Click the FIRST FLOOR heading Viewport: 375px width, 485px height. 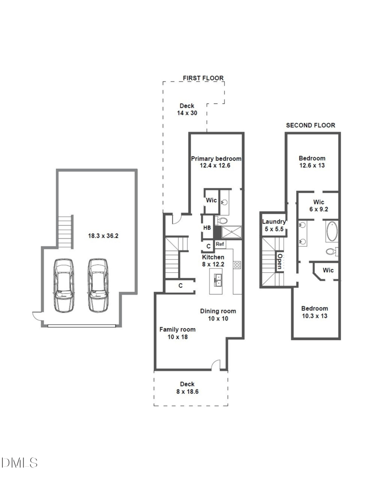[203, 78]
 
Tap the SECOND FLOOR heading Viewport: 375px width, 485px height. [310, 125]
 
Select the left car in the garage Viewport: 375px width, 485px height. [64, 285]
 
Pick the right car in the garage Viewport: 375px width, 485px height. [98, 285]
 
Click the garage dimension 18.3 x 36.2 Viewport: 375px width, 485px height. [103, 236]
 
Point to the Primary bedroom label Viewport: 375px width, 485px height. [216, 159]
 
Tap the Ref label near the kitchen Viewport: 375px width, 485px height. [220, 244]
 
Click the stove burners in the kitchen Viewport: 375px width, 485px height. [237, 265]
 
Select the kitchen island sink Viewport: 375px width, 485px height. [218, 280]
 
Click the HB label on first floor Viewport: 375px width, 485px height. [207, 228]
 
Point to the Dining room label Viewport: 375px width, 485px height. [218, 311]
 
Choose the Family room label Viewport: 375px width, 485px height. [177, 329]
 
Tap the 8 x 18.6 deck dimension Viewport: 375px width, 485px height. [187, 392]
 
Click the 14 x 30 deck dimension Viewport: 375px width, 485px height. [187, 113]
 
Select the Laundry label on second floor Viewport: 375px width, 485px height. [274, 222]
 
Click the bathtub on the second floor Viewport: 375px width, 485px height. [332, 231]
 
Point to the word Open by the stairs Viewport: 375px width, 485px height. [279, 261]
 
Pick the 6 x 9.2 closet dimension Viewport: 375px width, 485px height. [319, 209]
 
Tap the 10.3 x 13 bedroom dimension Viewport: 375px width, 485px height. [315, 316]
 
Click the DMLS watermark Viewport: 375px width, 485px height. [19, 463]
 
